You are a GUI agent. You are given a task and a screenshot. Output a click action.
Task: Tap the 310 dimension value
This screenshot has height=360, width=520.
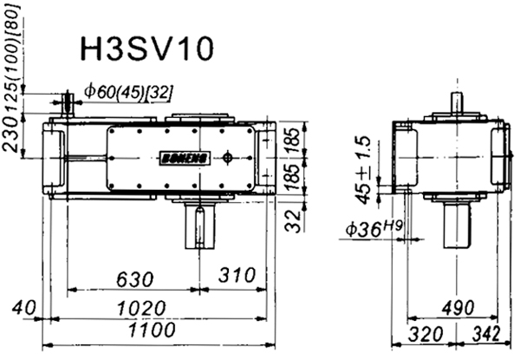(235, 278)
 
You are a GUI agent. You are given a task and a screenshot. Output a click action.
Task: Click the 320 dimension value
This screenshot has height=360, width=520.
(418, 336)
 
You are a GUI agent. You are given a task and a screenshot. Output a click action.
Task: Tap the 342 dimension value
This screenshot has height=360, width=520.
(490, 336)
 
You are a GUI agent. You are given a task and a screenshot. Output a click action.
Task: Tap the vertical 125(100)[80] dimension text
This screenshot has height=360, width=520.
(10, 62)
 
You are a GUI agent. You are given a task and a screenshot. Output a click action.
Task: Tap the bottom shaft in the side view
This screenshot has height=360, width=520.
(456, 227)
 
